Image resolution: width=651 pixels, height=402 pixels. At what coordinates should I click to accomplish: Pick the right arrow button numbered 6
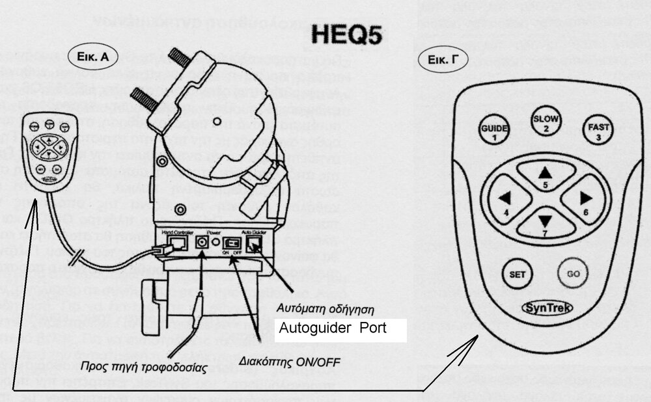[585, 200]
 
